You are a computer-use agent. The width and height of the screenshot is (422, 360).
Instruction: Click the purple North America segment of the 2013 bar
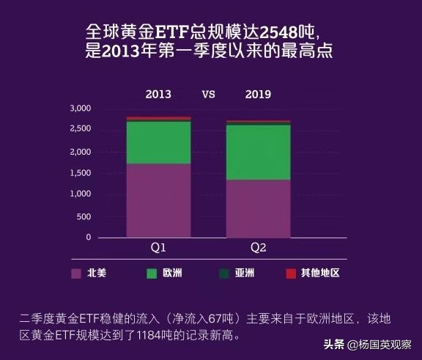click(158, 199)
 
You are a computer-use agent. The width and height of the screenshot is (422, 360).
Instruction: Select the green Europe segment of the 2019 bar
click(258, 152)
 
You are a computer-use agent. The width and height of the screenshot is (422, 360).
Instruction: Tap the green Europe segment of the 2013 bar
click(158, 142)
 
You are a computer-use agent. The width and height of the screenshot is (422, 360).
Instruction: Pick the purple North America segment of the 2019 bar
click(258, 208)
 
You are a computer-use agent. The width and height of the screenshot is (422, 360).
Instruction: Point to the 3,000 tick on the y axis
click(80, 109)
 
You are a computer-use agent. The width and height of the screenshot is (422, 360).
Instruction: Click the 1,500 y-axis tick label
click(80, 173)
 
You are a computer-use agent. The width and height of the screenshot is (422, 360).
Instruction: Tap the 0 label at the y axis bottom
click(89, 238)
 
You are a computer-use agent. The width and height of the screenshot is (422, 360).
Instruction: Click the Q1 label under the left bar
click(158, 248)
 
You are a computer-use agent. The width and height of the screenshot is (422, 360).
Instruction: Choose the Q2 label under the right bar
click(258, 248)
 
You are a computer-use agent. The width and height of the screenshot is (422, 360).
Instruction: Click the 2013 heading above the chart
click(158, 95)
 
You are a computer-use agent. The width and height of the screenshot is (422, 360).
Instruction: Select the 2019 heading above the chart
click(258, 95)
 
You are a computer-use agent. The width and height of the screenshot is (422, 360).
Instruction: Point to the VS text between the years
click(208, 95)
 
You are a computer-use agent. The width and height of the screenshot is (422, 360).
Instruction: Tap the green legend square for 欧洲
click(152, 273)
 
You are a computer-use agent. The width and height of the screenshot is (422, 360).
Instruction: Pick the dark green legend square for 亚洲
click(224, 273)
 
